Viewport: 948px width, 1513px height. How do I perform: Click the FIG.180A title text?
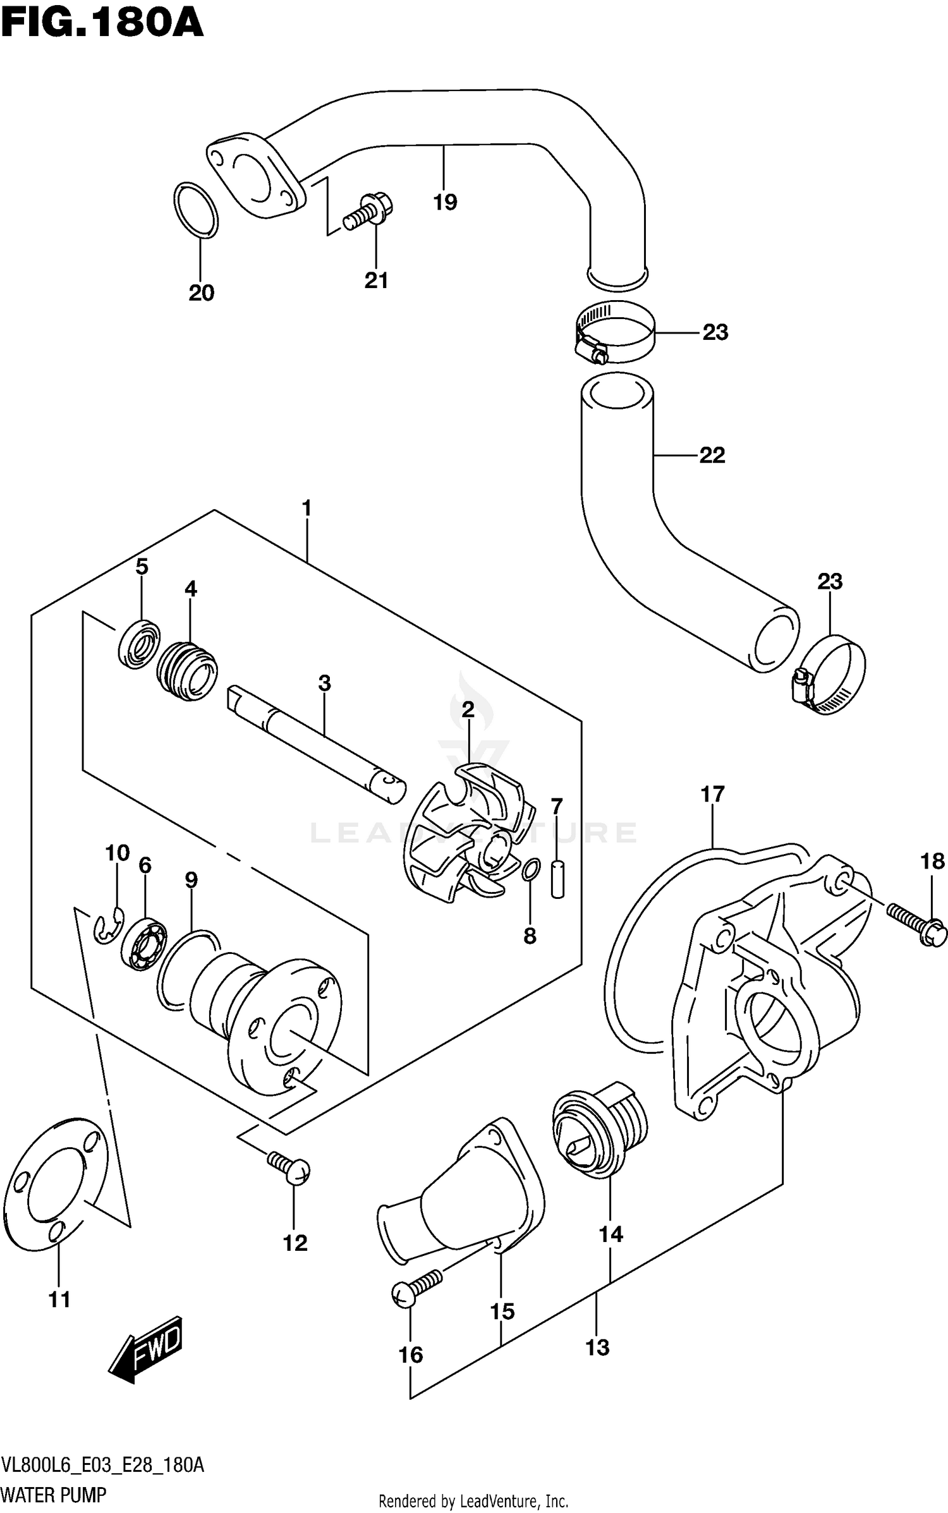pyautogui.click(x=101, y=25)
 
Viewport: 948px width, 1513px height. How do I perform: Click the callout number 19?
pyautogui.click(x=445, y=202)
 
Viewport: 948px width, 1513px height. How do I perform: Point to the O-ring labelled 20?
pyautogui.click(x=195, y=211)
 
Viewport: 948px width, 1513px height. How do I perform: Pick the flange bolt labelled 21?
pyautogui.click(x=370, y=212)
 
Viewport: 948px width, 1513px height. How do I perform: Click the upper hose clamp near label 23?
pyautogui.click(x=616, y=333)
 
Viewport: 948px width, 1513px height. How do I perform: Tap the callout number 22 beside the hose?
pyautogui.click(x=712, y=455)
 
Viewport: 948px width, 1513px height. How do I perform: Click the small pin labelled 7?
pyautogui.click(x=557, y=877)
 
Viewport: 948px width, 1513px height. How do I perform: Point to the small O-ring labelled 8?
pyautogui.click(x=531, y=870)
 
